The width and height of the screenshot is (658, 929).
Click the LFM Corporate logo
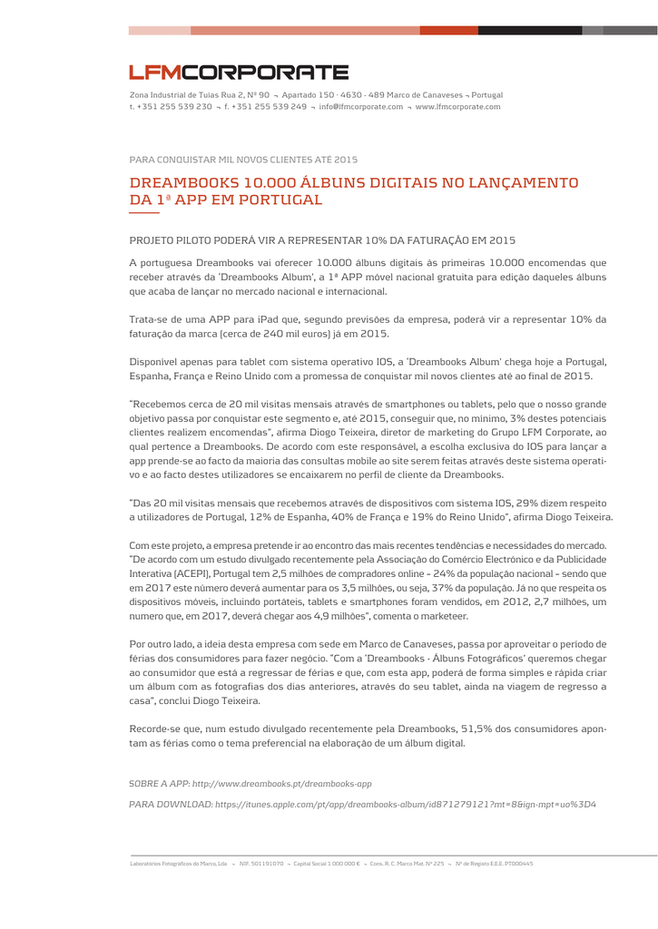238,73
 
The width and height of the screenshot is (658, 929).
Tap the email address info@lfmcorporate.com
360,107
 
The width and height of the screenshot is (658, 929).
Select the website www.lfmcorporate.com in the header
457,107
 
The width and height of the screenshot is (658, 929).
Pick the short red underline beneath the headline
144,213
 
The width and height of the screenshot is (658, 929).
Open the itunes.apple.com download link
405,804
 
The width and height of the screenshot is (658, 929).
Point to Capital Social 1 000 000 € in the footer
327,864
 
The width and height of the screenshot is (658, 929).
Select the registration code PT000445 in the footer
520,864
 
